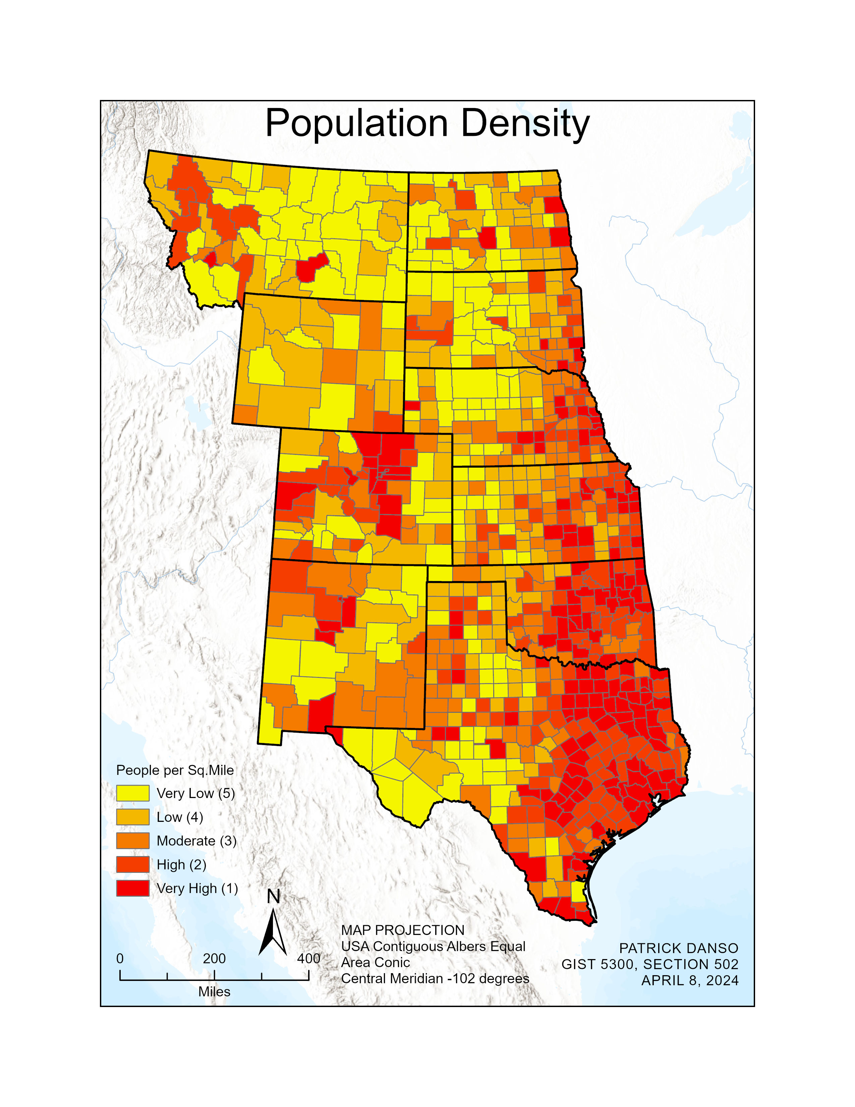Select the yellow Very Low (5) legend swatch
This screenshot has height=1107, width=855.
point(133,793)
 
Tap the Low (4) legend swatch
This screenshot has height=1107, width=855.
point(133,817)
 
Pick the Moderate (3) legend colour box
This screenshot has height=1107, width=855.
point(133,841)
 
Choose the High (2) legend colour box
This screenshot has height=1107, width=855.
point(133,865)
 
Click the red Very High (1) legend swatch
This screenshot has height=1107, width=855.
point(133,889)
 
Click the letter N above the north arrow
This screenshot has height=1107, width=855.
point(273,897)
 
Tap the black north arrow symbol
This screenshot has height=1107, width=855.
point(273,933)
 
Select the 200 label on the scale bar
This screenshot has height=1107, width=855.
point(214,958)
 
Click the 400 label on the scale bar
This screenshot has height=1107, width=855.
point(308,958)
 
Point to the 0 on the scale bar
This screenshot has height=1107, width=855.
point(120,958)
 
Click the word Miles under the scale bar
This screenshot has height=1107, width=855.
point(214,992)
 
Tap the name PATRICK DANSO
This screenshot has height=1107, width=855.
point(678,948)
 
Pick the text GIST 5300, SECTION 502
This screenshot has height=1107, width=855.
point(649,964)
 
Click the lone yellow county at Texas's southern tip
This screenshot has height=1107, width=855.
point(577,892)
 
